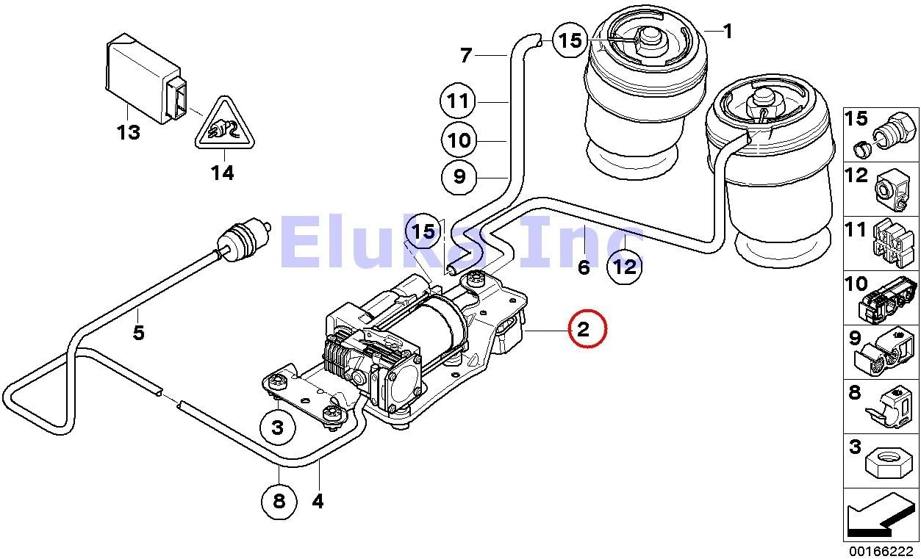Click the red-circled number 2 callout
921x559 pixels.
coord(584,330)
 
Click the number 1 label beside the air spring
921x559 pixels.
coord(727,32)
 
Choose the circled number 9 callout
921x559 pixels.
coord(459,176)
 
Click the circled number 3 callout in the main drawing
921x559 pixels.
coord(277,427)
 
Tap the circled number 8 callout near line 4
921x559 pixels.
coord(279,502)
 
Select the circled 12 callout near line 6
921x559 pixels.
coord(625,266)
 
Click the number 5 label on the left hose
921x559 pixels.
coord(138,333)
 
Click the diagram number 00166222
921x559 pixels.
coord(881,550)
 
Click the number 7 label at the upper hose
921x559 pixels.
coord(465,55)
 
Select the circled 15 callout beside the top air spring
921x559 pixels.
coord(570,40)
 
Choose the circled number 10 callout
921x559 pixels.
coord(459,139)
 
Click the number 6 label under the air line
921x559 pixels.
coord(584,267)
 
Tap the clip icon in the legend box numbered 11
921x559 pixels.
coord(893,242)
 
